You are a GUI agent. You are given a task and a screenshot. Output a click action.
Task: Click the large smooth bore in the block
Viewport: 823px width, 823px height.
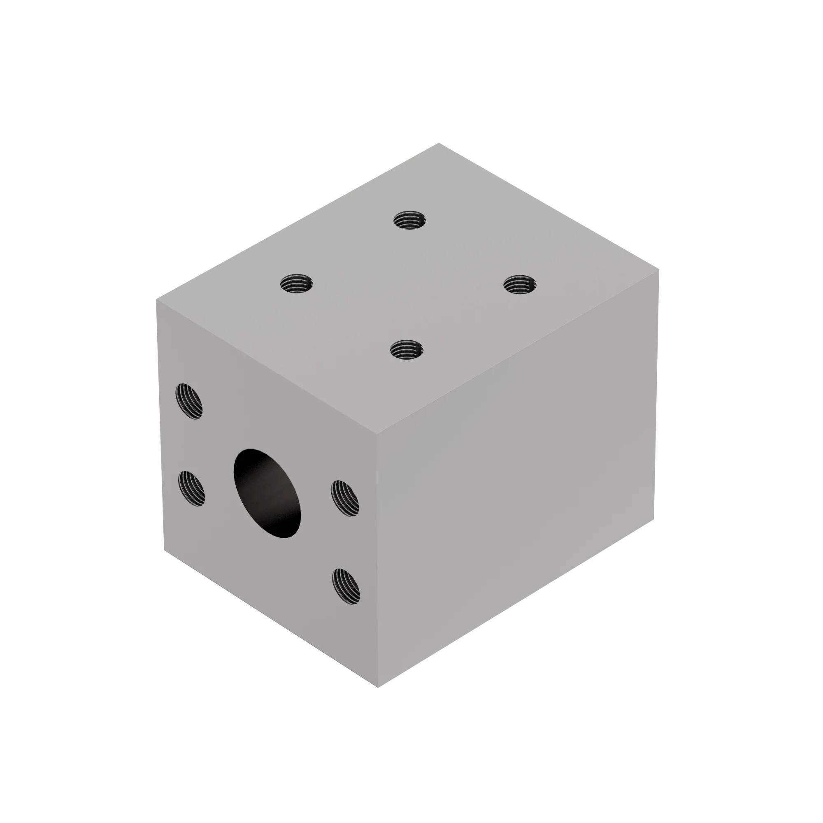267,493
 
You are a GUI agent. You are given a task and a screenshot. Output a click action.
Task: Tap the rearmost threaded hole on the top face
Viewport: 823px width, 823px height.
409,220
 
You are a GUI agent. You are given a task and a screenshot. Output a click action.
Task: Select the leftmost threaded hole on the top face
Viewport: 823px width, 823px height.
296,283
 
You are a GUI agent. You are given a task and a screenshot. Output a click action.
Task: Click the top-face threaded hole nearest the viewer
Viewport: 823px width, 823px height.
407,350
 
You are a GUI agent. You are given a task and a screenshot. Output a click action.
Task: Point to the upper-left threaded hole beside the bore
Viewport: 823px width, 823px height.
189,401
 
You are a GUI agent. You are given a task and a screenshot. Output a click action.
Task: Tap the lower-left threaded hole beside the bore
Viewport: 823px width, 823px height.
191,488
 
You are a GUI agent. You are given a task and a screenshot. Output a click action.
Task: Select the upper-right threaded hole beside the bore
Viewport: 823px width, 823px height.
344,498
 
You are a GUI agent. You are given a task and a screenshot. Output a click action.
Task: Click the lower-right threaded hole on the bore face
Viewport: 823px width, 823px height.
346,586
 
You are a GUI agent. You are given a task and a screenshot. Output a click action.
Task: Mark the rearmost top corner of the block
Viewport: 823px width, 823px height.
439,144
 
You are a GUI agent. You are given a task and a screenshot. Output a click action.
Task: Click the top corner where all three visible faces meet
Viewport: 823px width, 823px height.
377,435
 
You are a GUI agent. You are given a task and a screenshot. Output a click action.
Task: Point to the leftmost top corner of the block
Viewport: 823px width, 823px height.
157,300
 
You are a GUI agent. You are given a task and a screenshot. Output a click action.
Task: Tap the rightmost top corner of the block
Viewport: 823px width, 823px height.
658,269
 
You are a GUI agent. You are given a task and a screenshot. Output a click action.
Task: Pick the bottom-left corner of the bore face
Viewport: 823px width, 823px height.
165,550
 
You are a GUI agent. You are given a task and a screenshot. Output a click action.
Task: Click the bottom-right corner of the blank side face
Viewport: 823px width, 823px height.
653,519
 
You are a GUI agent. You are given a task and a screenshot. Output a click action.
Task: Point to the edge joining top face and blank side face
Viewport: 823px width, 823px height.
518,352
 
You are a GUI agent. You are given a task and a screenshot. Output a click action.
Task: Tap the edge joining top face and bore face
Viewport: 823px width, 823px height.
267,367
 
